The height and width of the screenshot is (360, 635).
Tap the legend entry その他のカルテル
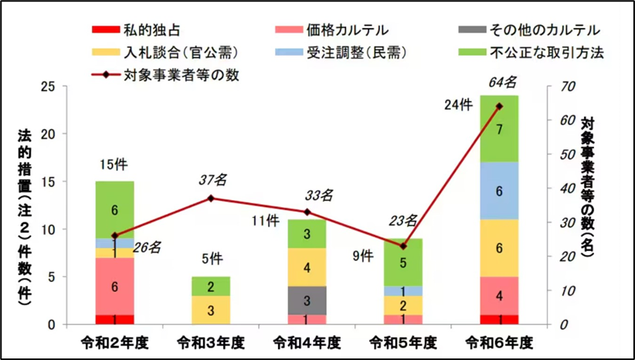pos(533,31)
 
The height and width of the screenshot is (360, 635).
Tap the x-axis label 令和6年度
pos(499,341)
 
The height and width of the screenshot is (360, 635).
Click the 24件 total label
pos(458,104)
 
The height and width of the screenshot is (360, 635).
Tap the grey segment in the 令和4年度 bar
pos(307,301)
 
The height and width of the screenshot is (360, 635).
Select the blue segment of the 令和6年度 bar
pos(499,191)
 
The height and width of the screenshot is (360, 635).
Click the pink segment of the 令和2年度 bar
pos(114,286)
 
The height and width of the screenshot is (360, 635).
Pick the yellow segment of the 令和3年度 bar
pos(210,310)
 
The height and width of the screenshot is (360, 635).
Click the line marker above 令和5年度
pos(402,246)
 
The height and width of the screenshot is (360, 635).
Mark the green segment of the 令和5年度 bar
pos(402,262)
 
